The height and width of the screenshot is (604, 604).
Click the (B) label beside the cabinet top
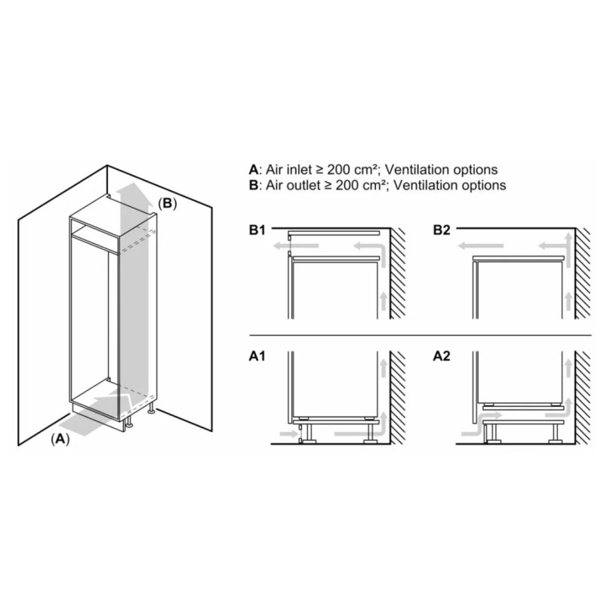tap(167, 203)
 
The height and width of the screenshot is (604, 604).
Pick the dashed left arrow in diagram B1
tap(282, 245)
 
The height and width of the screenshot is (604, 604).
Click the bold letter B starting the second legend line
tap(252, 185)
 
